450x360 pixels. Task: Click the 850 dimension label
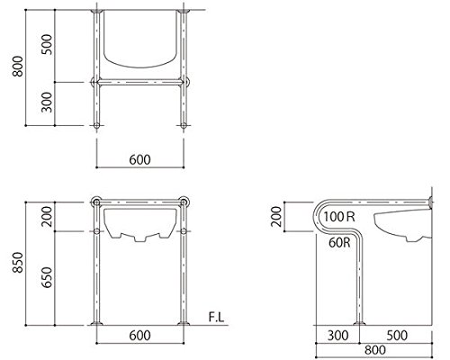[18, 263]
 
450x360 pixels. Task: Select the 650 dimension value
[47, 277]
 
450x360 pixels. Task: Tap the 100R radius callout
[339, 216]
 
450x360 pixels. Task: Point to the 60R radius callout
[339, 242]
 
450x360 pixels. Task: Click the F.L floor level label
[216, 317]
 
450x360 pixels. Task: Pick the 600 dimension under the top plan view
[139, 160]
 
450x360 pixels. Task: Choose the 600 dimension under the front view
[139, 336]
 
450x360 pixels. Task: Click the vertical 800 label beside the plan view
[18, 67]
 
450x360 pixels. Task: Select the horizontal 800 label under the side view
[375, 350]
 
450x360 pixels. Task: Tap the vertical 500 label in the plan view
[47, 44]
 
